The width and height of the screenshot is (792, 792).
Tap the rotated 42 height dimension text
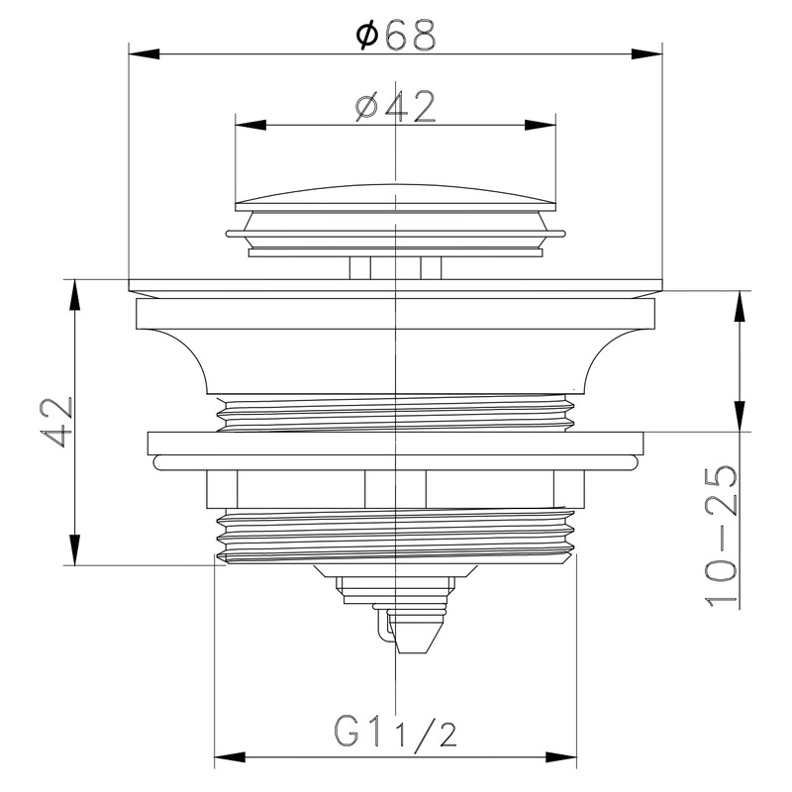pyautogui.click(x=56, y=422)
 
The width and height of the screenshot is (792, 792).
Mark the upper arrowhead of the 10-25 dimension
pyautogui.click(x=738, y=307)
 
